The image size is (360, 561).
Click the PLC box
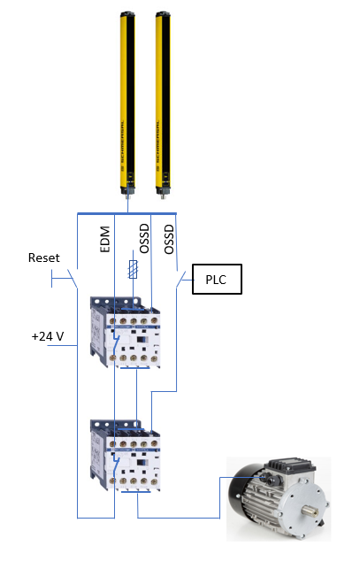[217, 280]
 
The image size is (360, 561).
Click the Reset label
[44, 258]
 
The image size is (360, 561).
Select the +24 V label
[48, 336]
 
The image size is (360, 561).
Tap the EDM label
[105, 240]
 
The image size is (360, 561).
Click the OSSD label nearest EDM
[143, 239]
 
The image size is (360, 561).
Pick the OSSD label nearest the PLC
[169, 240]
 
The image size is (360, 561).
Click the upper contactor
[125, 333]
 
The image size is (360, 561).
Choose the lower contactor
[125, 456]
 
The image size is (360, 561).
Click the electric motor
[279, 498]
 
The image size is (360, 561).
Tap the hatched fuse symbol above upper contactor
[133, 269]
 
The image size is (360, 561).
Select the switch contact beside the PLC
[181, 279]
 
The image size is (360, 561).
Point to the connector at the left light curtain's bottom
[127, 196]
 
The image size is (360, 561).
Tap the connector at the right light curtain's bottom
[164, 196]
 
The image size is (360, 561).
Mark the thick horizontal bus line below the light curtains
[126, 214]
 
